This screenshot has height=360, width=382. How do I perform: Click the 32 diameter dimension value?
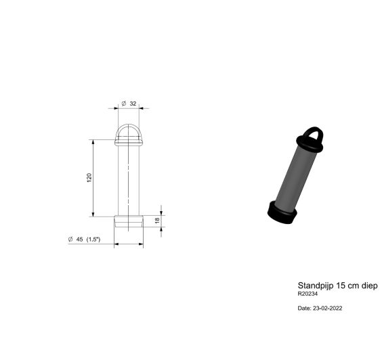tap(133, 104)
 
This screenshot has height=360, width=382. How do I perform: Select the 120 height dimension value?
tap(89, 178)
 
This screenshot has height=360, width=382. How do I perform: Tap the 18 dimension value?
tap(157, 221)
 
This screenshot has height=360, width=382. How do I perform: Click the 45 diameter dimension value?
tap(79, 240)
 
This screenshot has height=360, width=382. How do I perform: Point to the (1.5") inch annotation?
tap(93, 240)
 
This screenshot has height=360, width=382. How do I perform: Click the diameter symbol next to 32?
tap(124, 104)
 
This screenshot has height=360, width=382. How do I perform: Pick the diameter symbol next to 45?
tap(70, 240)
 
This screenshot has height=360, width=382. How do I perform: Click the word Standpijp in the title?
tap(316, 286)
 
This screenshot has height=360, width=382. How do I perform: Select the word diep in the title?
tap(369, 286)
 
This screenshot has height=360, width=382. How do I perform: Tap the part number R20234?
tap(307, 294)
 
